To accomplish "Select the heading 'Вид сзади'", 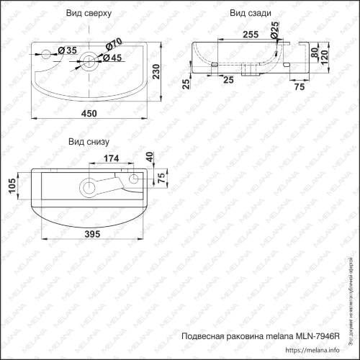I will tap(251, 13).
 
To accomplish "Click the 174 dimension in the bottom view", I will tap(112, 158).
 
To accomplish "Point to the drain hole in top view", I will tap(89, 60).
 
